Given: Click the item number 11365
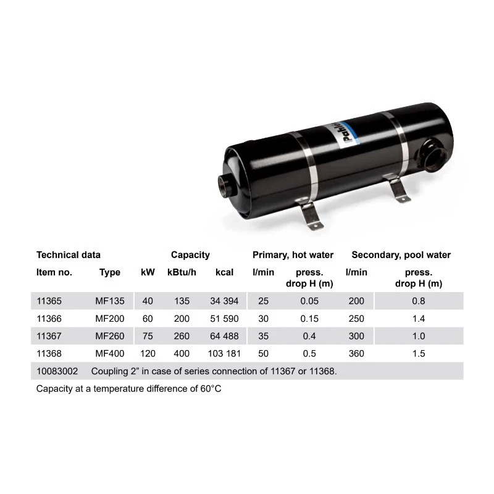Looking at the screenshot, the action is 49,301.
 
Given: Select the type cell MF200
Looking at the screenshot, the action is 110,319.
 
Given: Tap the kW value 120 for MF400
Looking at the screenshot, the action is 148,353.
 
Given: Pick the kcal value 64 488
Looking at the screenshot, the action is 224,336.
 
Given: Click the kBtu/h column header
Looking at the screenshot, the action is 182,272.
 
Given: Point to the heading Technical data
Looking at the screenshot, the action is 69,255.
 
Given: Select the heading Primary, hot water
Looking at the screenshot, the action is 293,255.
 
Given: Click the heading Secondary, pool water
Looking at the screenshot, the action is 401,255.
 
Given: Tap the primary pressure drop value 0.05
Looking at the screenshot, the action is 309,301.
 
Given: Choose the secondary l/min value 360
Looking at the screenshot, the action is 356,353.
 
